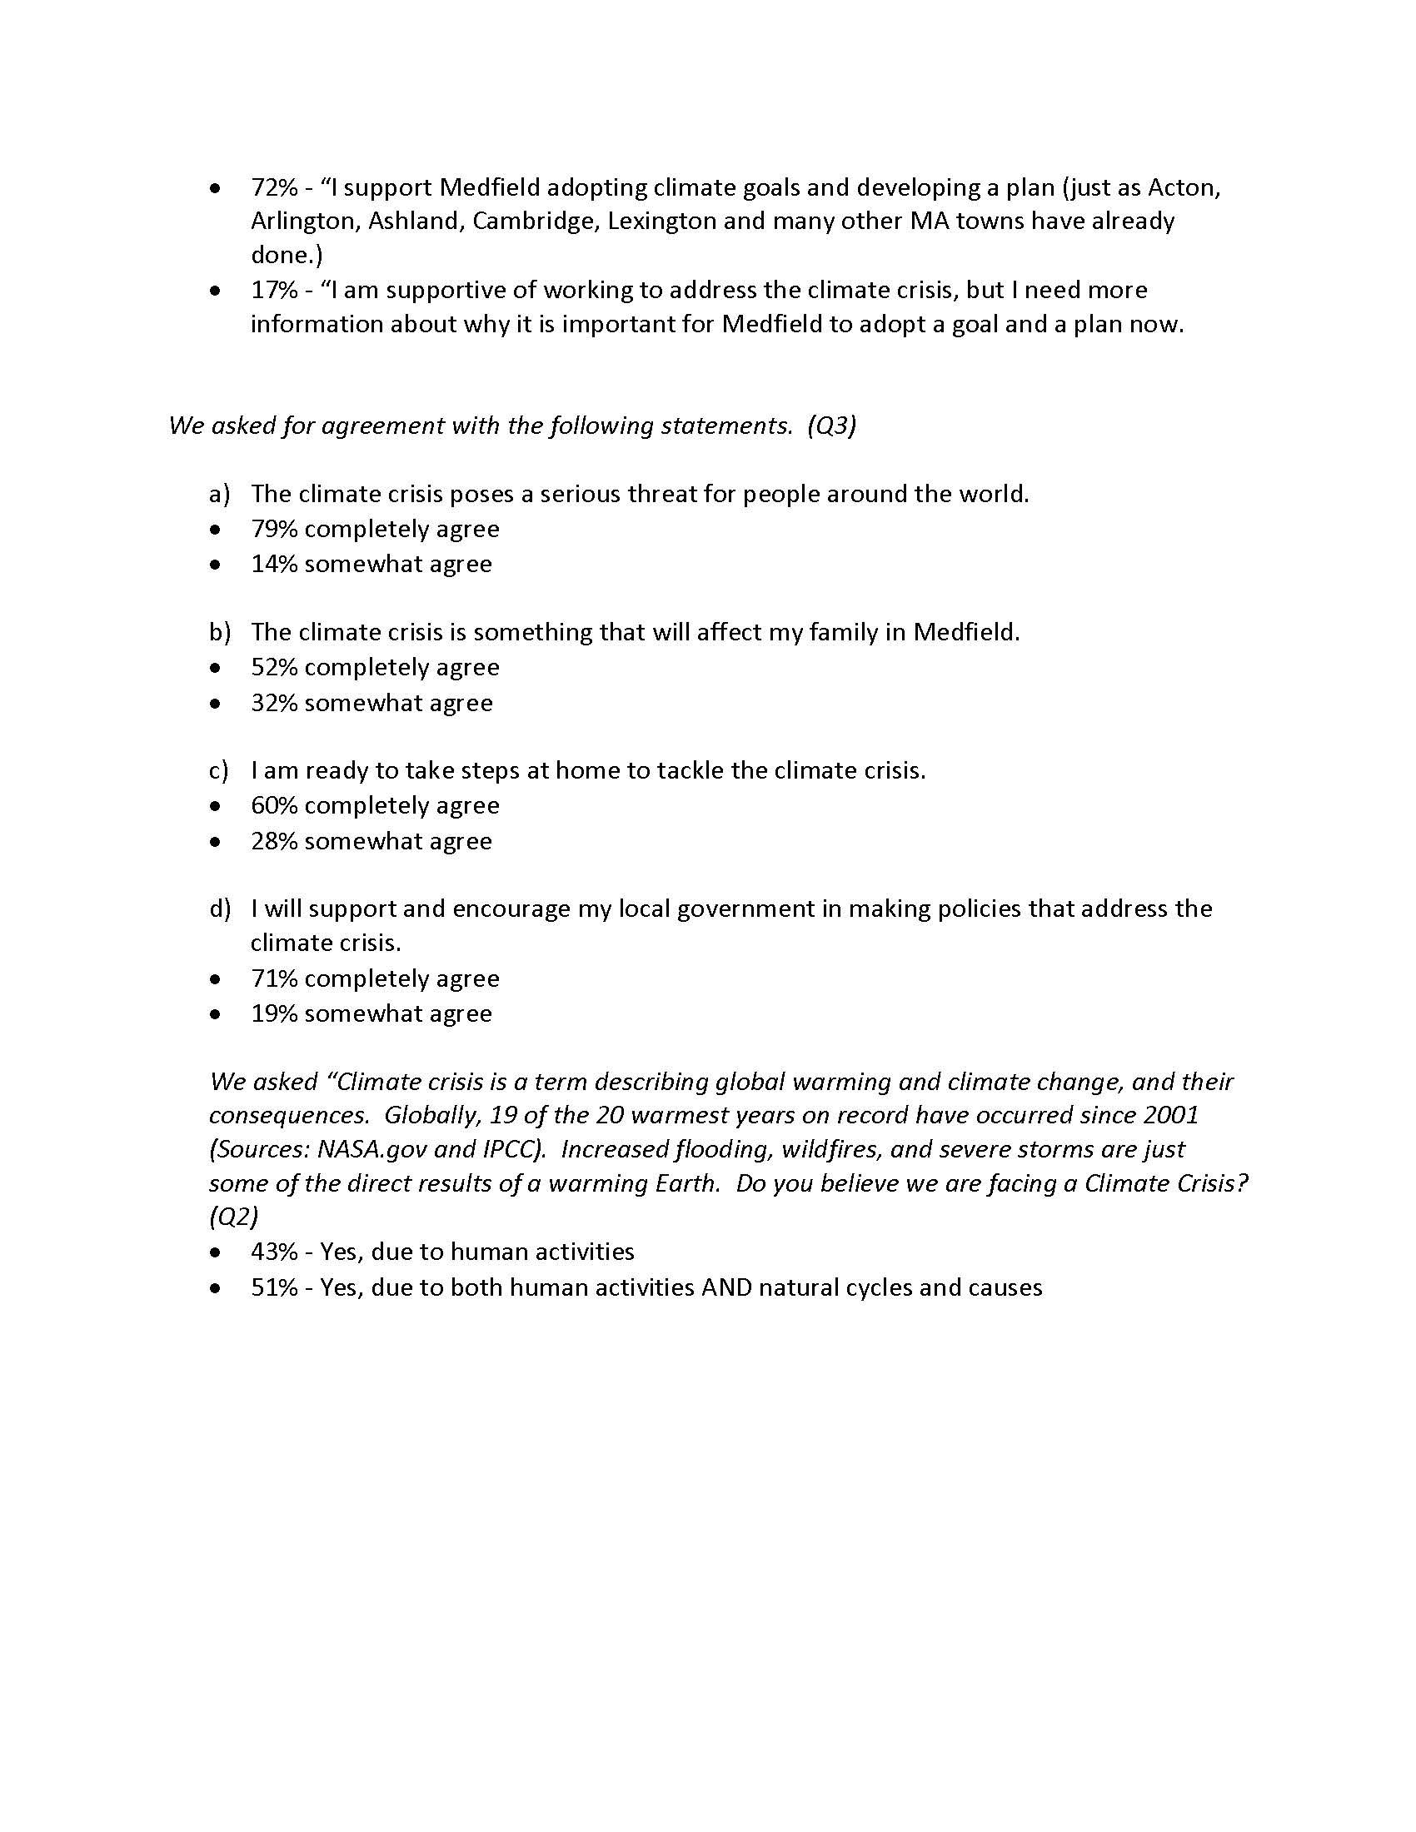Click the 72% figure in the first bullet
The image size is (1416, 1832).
tap(274, 187)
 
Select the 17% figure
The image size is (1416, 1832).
tap(274, 291)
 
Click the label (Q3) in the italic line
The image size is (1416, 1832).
tap(831, 426)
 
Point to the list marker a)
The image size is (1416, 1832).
tap(219, 494)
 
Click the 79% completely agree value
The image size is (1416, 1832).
tap(274, 530)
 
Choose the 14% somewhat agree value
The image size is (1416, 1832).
tap(274, 565)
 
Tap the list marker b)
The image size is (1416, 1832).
tap(220, 633)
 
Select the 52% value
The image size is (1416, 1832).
tap(274, 668)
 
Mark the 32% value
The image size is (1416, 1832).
tap(274, 703)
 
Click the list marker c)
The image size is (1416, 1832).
tap(219, 771)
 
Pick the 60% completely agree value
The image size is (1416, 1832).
tap(274, 806)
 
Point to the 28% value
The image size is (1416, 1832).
tap(274, 841)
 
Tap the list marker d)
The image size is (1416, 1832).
tap(220, 909)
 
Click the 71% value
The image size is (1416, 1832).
tap(274, 979)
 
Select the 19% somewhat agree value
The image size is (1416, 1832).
tap(274, 1014)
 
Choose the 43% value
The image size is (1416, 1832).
tap(274, 1252)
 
